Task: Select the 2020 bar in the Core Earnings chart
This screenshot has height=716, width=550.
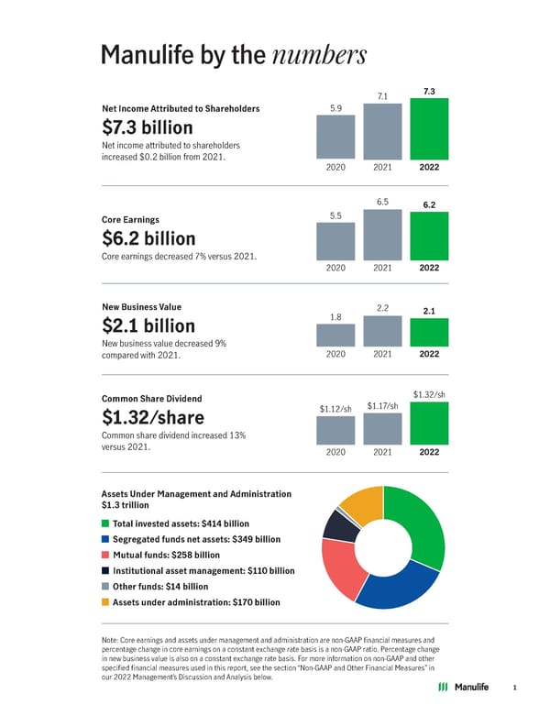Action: (335, 241)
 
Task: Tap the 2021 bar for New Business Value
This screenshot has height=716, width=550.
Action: (382, 330)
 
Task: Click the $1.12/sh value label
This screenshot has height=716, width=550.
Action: (335, 409)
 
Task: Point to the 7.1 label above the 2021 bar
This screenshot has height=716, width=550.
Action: (383, 96)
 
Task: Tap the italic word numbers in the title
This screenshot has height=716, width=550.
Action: (320, 56)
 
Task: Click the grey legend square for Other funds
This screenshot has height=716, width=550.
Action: (105, 586)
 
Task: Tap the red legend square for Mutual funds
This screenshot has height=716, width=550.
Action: (105, 555)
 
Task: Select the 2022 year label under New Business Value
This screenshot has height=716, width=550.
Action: (429, 354)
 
